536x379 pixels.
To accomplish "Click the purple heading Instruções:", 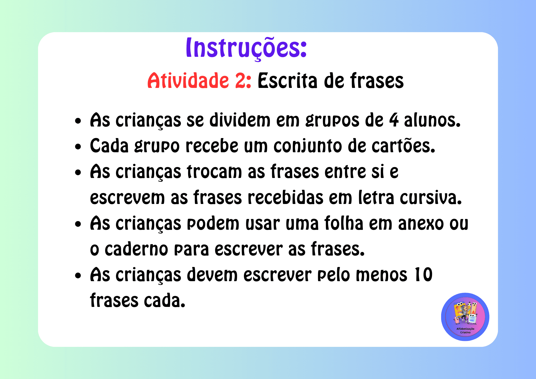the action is point(246,48).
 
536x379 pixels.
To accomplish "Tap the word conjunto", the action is point(307,146).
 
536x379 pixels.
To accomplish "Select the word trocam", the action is point(214,172).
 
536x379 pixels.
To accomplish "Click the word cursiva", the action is point(431,198).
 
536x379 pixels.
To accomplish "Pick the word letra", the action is point(376,198).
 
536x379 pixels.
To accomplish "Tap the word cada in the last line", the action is point(165,300).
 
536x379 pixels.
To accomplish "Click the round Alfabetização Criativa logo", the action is point(465,317).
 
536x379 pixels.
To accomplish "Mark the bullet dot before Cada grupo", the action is point(78,147).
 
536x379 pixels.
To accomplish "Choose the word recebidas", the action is point(285,198).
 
